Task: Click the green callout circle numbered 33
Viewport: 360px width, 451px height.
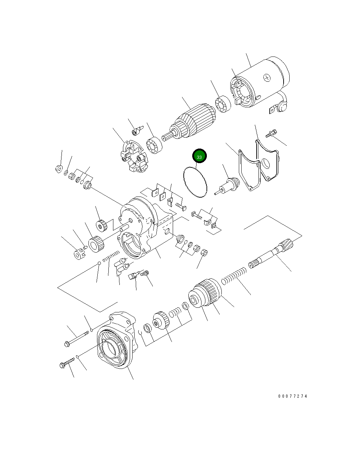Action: [199, 157]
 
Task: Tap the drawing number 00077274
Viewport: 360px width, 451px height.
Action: [292, 396]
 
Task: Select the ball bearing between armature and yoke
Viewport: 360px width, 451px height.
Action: [223, 105]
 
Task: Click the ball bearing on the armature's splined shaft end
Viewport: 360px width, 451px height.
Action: [154, 146]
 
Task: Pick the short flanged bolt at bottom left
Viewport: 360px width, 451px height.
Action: [67, 363]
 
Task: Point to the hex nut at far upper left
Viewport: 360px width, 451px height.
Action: [58, 168]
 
